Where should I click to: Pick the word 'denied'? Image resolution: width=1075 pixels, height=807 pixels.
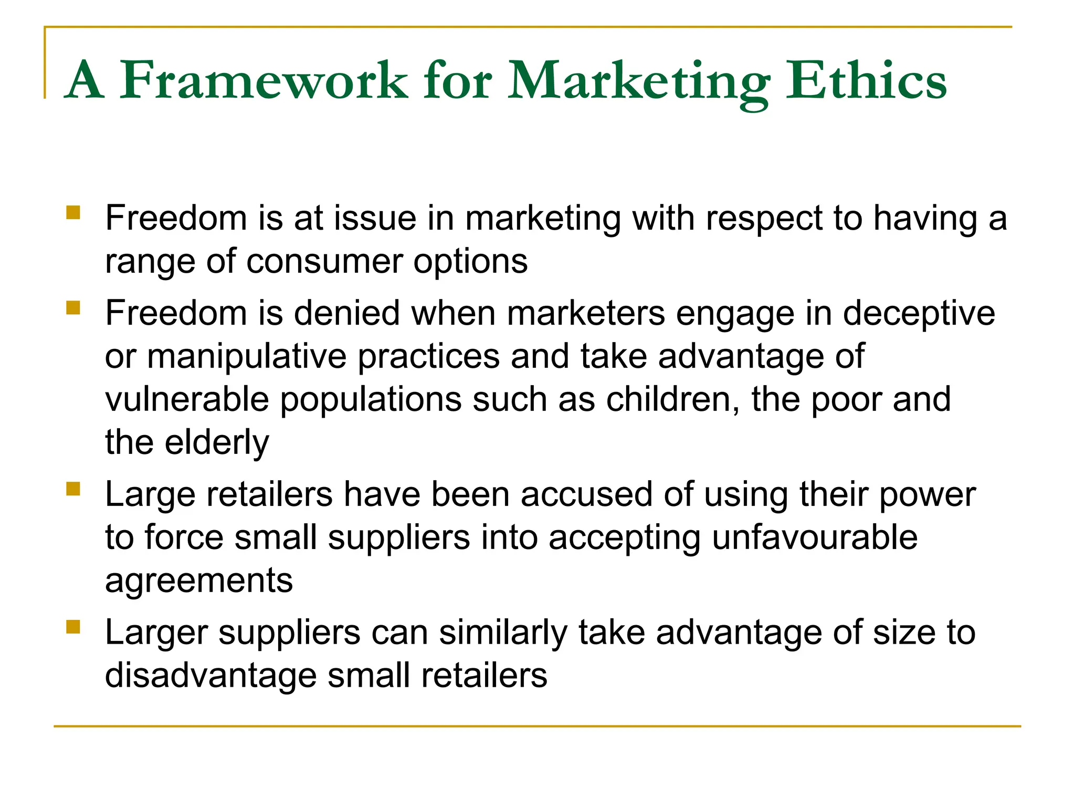[346, 313]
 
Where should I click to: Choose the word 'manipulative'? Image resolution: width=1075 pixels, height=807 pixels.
[247, 357]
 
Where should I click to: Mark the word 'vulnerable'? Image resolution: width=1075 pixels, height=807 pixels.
[187, 399]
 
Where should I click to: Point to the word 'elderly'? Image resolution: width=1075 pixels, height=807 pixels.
[217, 443]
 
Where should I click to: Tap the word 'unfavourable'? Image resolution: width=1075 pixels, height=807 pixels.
[815, 537]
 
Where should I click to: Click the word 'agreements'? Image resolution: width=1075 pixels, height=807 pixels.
[199, 581]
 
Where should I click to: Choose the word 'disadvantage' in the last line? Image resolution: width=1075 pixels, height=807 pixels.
[211, 676]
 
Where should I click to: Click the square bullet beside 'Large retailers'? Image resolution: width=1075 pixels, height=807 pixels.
[73, 489]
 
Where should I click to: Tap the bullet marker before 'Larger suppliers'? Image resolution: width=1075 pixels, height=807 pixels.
[73, 627]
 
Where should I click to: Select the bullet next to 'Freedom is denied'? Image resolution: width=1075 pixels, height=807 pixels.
[73, 307]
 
